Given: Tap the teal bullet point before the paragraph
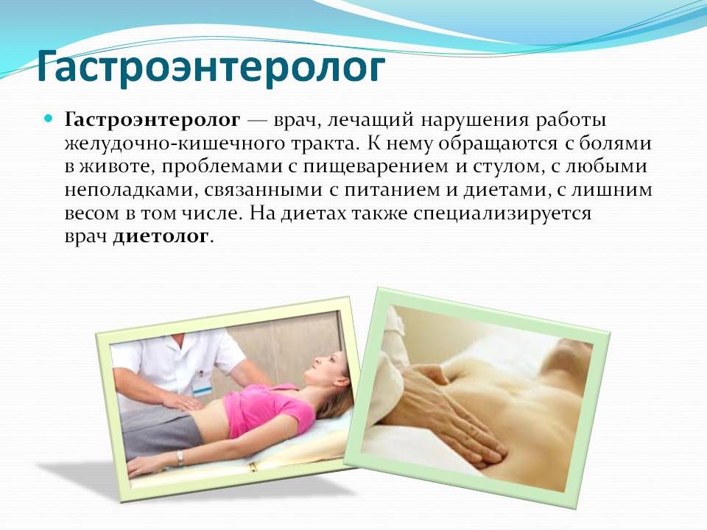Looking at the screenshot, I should pyautogui.click(x=49, y=119).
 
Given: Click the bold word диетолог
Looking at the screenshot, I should pyautogui.click(x=162, y=237).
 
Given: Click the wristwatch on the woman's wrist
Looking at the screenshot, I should pyautogui.click(x=180, y=457).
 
